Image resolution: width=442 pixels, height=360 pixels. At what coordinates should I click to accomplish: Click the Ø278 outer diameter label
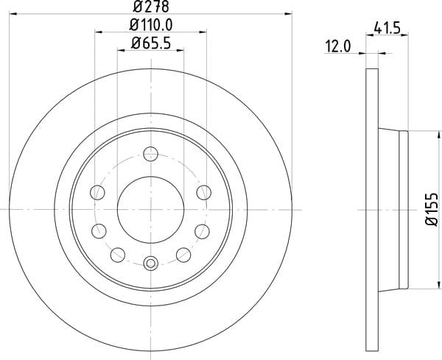coord(151,6)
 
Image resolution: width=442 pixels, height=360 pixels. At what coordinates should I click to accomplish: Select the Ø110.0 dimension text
coord(151,25)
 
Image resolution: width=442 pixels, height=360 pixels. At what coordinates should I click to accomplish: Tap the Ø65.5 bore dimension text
coord(151,43)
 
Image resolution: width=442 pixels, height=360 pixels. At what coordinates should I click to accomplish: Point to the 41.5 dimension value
coord(387,28)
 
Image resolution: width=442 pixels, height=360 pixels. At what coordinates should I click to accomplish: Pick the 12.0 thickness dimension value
coord(338,46)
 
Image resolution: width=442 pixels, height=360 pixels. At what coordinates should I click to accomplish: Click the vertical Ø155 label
coord(432,210)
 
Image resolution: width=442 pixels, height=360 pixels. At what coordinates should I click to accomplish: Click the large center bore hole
coord(150,210)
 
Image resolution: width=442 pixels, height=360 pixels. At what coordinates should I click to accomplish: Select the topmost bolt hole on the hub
coord(150,154)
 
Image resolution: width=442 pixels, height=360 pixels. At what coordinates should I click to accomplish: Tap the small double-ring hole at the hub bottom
coord(150,263)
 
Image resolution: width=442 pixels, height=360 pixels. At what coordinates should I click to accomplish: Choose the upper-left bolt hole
coord(97,193)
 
